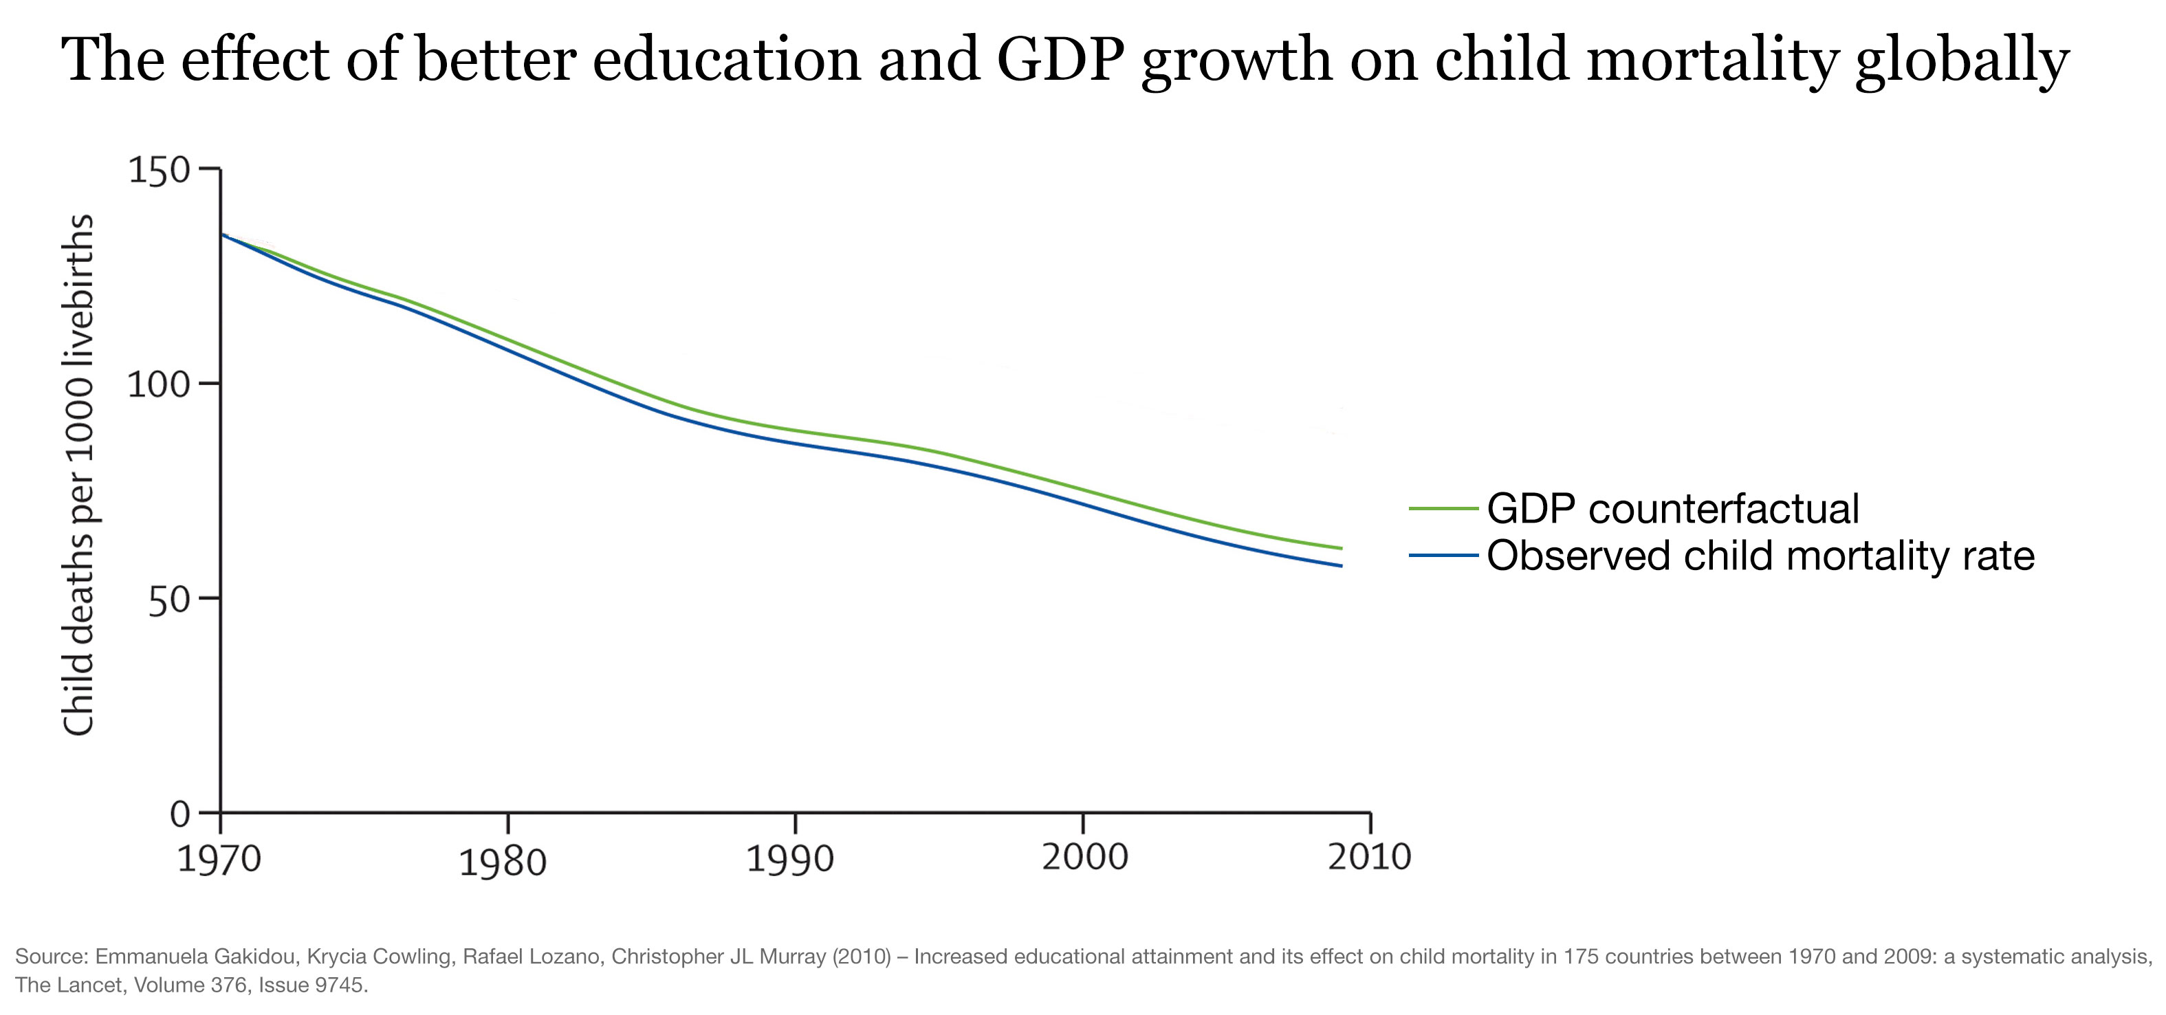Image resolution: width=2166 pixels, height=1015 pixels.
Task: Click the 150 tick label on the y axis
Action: [159, 170]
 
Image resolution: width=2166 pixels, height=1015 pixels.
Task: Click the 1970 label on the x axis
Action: [219, 860]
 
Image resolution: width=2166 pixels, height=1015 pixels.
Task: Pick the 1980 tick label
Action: [503, 863]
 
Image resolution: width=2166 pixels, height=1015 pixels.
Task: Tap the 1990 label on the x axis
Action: [790, 860]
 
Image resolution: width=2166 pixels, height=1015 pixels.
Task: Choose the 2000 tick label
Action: [1084, 857]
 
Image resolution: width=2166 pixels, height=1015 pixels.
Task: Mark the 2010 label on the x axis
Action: [1369, 857]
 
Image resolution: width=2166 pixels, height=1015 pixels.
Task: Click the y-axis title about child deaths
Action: [78, 475]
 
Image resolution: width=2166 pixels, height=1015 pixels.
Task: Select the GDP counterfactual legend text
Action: [1672, 509]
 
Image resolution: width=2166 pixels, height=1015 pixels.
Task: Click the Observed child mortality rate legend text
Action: [1760, 556]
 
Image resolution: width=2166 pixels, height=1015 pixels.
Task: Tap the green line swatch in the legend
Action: [1443, 509]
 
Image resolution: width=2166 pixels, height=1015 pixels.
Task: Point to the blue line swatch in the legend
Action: [1443, 556]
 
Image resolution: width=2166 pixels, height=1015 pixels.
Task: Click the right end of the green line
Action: [1341, 548]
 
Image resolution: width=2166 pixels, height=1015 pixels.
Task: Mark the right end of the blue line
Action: [1341, 566]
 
